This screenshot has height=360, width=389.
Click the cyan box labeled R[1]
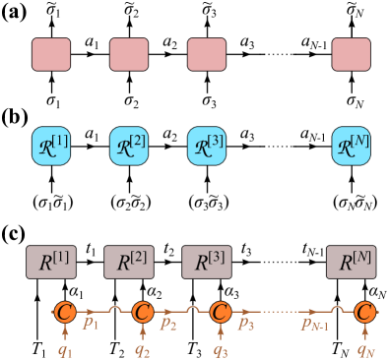(51, 146)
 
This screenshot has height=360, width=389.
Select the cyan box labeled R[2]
(129, 146)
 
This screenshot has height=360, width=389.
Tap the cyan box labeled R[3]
(207, 146)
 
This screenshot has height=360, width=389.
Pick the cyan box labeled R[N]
(351, 146)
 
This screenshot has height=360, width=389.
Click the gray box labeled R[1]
(51, 263)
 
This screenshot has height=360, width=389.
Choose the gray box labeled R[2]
(129, 263)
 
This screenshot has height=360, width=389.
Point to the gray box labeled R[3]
(207, 263)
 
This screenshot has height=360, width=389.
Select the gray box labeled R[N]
(352, 263)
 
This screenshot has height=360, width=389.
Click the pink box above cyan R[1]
(51, 54)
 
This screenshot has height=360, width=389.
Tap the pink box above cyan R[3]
(207, 54)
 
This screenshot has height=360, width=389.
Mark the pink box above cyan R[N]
(351, 54)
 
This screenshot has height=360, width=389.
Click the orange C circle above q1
(64, 312)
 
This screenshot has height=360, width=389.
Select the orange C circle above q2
(142, 312)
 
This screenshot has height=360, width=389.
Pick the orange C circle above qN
(365, 312)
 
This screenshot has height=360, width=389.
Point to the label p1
(91, 323)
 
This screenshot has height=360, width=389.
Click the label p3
(246, 323)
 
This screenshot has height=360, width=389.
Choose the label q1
(65, 349)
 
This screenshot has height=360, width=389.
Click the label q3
(221, 349)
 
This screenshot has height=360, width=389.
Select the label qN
(365, 349)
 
